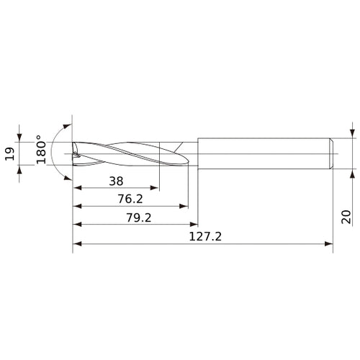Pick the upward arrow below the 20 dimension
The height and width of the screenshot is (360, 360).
[351, 174]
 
